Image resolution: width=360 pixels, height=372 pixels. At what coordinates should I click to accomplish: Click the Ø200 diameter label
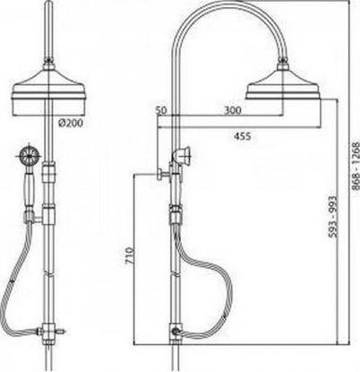point(71,123)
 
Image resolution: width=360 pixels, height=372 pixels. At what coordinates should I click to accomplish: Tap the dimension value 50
point(161,110)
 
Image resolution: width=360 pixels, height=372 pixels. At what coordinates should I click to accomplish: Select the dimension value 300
point(232,110)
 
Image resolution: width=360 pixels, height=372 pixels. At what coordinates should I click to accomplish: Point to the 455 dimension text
point(242,136)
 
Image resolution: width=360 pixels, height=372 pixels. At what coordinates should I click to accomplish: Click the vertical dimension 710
point(130,255)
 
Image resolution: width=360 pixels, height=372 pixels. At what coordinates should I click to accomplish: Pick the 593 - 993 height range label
point(332,217)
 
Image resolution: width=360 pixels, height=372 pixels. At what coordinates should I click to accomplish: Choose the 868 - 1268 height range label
point(356,166)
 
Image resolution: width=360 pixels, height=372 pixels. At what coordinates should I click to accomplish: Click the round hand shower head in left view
point(30,155)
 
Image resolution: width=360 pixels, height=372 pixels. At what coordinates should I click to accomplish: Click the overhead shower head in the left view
point(48,92)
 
